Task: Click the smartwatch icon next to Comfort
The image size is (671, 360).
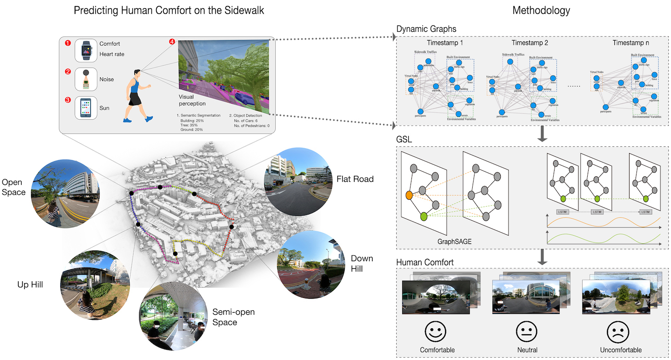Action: click(86, 50)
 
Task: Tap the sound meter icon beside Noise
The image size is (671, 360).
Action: click(86, 79)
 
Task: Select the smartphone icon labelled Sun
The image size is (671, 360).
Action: click(86, 108)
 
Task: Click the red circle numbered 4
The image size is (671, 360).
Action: click(172, 42)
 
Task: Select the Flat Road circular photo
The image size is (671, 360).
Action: click(297, 181)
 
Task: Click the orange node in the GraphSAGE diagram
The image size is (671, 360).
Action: click(409, 196)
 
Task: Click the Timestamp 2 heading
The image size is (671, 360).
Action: click(530, 43)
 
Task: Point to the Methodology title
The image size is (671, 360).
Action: click(541, 10)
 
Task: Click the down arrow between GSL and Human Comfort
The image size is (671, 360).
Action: click(542, 257)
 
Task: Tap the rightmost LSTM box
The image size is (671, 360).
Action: click(645, 211)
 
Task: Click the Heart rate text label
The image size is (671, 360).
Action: click(112, 54)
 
